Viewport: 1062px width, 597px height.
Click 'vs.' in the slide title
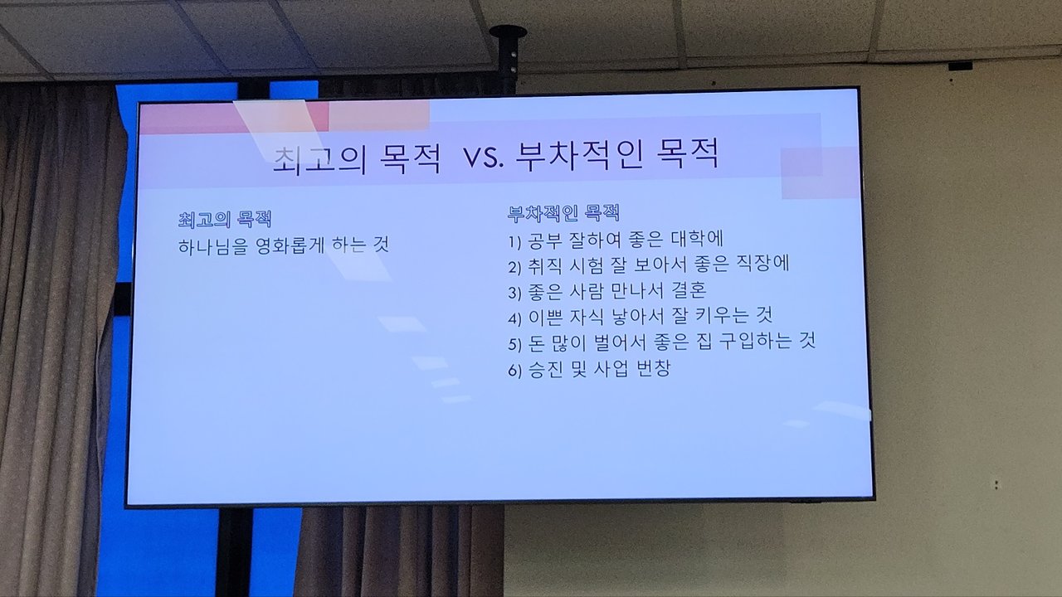tap(483, 157)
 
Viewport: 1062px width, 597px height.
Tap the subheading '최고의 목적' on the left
tap(225, 220)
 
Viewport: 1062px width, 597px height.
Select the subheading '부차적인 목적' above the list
tap(563, 213)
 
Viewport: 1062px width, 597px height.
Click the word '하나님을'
tap(213, 246)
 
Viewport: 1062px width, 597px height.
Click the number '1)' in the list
tap(515, 242)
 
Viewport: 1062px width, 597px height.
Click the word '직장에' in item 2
tap(762, 264)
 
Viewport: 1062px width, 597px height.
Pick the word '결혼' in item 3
tap(689, 289)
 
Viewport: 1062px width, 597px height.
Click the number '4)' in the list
tap(515, 318)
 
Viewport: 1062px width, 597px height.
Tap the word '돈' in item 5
tap(536, 343)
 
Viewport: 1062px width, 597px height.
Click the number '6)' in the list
tap(515, 371)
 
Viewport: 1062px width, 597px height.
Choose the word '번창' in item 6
tap(654, 368)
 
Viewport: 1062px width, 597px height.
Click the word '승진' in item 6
tap(545, 370)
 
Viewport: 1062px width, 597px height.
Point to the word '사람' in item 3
tap(586, 291)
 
